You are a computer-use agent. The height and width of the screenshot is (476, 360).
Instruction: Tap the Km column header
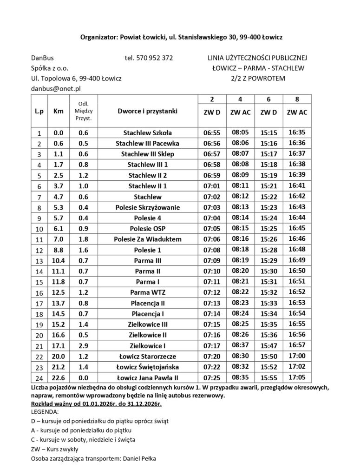(x=59, y=112)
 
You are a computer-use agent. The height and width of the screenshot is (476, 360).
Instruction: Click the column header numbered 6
(x=268, y=99)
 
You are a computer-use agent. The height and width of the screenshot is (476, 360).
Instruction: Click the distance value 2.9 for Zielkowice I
(x=84, y=345)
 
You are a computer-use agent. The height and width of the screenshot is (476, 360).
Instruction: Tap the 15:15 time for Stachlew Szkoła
(x=268, y=132)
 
